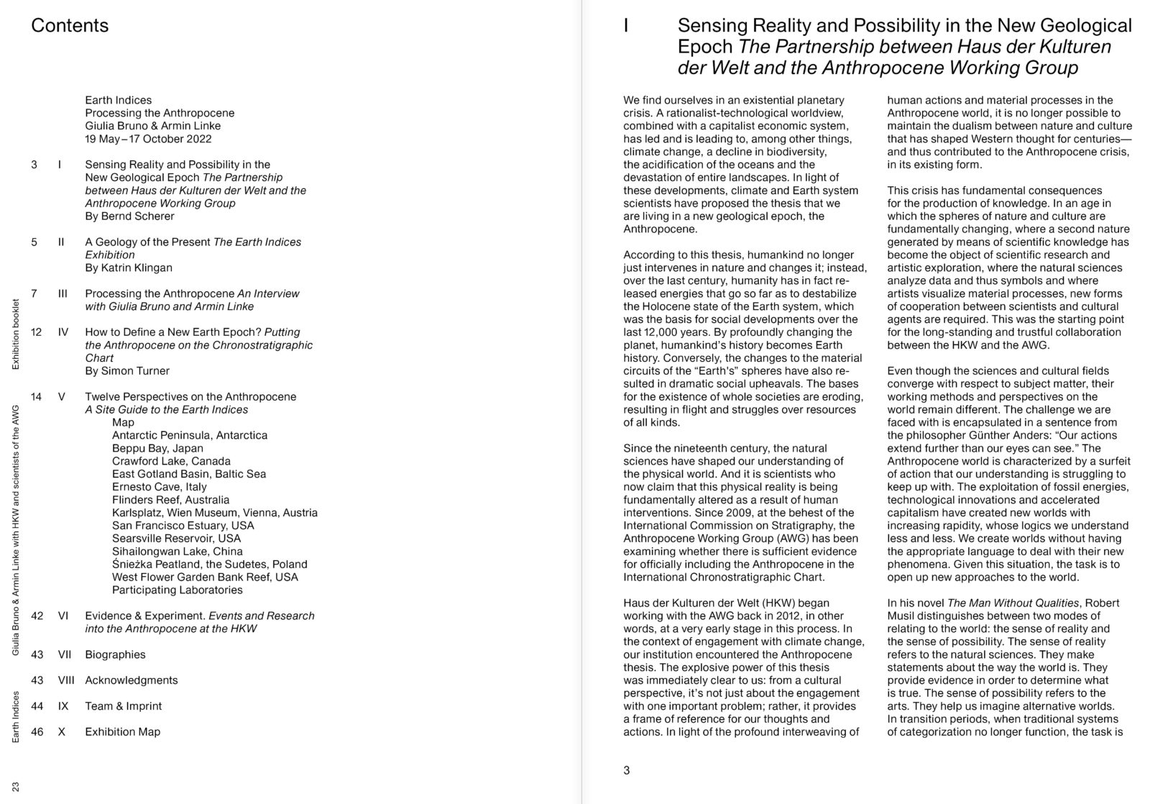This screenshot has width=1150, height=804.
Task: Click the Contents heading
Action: click(70, 26)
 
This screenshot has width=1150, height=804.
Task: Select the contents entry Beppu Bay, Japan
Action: click(157, 448)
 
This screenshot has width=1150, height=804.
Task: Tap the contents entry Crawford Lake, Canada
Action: click(171, 461)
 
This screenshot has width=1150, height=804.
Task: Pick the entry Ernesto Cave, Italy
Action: click(159, 487)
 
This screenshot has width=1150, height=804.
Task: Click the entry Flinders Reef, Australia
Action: click(170, 500)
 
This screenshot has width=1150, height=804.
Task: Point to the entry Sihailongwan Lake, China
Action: click(177, 552)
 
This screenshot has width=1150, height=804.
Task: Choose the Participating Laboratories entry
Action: click(177, 590)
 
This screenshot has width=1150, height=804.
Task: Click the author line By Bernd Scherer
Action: click(129, 216)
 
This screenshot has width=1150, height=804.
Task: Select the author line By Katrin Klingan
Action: click(129, 268)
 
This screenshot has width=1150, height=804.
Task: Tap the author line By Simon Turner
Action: click(127, 371)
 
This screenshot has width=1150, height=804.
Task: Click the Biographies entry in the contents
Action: click(115, 654)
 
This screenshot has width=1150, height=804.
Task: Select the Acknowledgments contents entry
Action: click(131, 680)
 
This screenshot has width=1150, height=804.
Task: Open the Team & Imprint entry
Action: click(123, 706)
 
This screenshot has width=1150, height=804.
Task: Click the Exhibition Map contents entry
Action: click(122, 732)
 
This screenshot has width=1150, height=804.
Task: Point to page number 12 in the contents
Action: click(37, 332)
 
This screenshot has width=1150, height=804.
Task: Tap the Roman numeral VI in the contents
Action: click(63, 616)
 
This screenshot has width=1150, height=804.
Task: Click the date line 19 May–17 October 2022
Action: click(148, 139)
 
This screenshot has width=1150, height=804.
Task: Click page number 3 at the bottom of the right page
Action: click(627, 770)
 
